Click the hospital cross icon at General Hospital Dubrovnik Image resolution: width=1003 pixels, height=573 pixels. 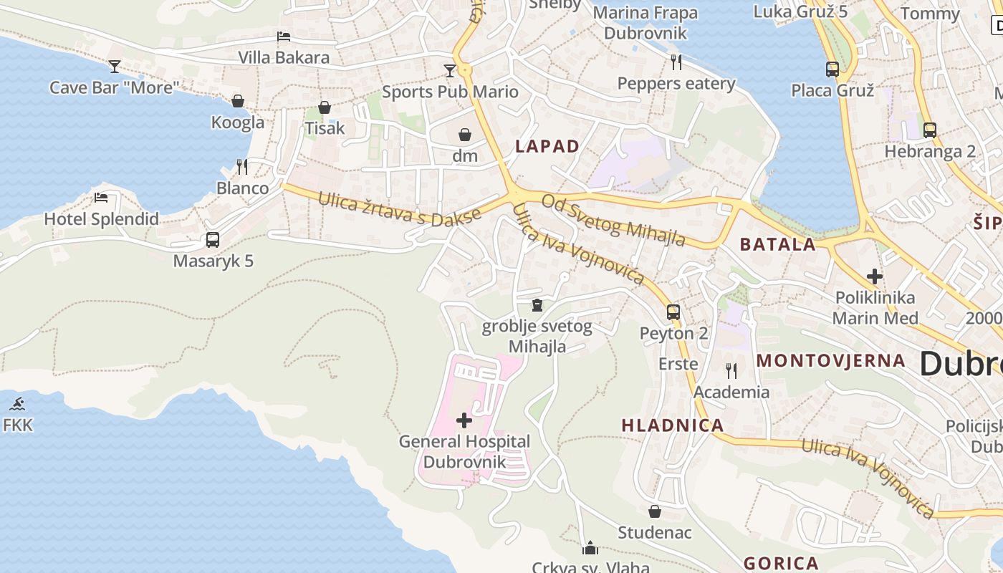pos(464,420)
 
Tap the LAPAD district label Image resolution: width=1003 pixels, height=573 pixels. pos(547,146)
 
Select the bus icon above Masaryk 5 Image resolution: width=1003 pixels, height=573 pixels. pos(213,240)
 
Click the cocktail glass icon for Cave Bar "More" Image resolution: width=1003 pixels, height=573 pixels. pos(115,67)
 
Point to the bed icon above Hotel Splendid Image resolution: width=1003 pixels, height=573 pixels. pos(101,198)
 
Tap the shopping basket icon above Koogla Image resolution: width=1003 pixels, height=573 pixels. pos(238,101)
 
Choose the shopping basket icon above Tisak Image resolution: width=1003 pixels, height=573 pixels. pos(325,107)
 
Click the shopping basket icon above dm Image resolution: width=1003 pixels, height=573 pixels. pos(465,134)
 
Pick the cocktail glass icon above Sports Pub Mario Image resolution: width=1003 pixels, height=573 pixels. pos(449,70)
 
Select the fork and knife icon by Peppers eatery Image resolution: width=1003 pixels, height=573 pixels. pos(676,62)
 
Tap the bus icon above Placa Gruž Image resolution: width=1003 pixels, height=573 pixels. pos(832,69)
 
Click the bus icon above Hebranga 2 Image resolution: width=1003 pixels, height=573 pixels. pos(930,130)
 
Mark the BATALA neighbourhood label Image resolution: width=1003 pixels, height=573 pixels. pos(778,244)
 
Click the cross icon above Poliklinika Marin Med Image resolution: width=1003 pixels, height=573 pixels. pos(875,276)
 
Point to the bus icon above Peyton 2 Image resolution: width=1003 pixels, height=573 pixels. pos(673,312)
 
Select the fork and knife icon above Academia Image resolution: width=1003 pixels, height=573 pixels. pos(731,370)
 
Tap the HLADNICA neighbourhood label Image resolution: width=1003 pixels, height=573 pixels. pos(673,425)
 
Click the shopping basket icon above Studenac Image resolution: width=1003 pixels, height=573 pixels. pos(655,511)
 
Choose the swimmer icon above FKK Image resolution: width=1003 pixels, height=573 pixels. pos(18,404)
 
